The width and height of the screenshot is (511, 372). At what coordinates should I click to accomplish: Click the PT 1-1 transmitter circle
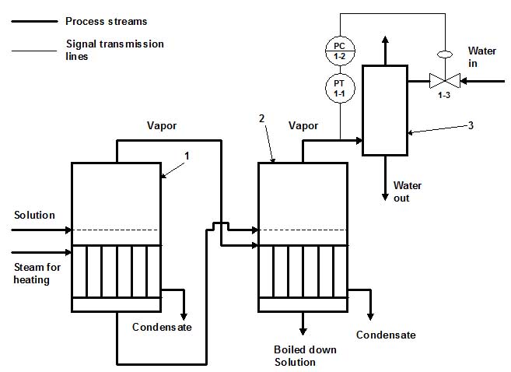(x=339, y=88)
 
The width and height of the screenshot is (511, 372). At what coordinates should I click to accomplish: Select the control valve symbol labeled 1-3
(x=443, y=79)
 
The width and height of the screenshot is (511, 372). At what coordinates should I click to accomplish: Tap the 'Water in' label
(x=481, y=57)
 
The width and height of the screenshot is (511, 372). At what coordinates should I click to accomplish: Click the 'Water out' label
(x=407, y=191)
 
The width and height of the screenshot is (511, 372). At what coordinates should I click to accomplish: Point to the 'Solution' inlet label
(x=34, y=214)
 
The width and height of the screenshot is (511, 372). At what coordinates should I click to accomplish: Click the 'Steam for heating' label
(x=32, y=273)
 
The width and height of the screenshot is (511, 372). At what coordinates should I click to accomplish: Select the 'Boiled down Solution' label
(x=305, y=356)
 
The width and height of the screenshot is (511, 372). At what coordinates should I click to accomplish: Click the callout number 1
(x=186, y=156)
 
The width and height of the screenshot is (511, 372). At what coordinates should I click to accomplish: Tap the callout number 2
(x=261, y=118)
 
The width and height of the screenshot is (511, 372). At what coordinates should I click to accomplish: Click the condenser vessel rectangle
(x=384, y=111)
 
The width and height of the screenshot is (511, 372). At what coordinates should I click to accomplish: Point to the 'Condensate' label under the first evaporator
(x=162, y=327)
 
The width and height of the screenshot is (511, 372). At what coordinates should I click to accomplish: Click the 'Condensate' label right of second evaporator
(x=386, y=335)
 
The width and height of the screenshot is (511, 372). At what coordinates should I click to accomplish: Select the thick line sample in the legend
(x=34, y=21)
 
